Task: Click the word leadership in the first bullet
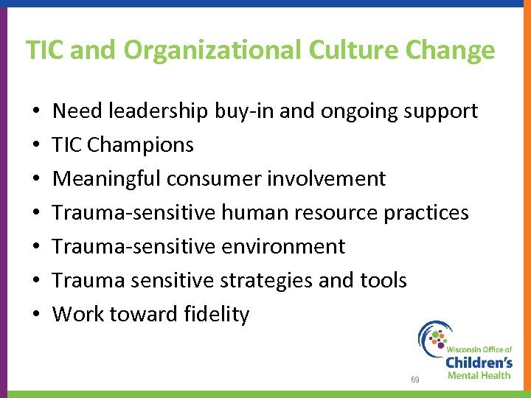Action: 157,111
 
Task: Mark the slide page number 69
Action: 415,380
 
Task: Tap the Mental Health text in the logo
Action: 479,375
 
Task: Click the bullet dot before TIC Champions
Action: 36,146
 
